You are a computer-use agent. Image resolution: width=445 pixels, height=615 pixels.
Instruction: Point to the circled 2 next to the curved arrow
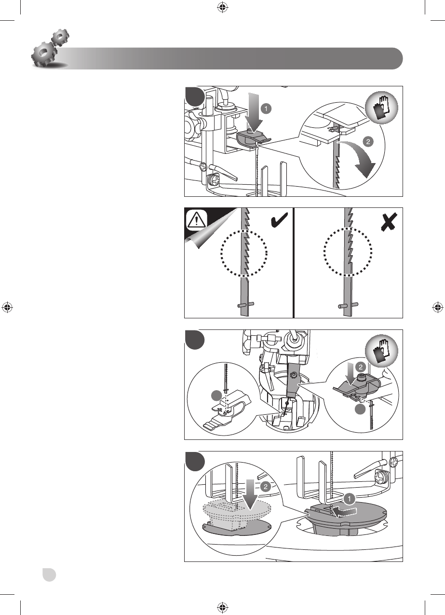tap(368, 142)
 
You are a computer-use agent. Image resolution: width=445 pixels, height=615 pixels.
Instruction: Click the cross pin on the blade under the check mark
tap(245, 305)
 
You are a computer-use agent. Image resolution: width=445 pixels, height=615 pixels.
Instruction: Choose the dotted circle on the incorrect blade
tap(348, 252)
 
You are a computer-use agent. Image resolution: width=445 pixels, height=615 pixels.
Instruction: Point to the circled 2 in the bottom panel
tap(265, 487)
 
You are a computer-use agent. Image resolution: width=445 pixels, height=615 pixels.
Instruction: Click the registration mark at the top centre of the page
tap(222, 7)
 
